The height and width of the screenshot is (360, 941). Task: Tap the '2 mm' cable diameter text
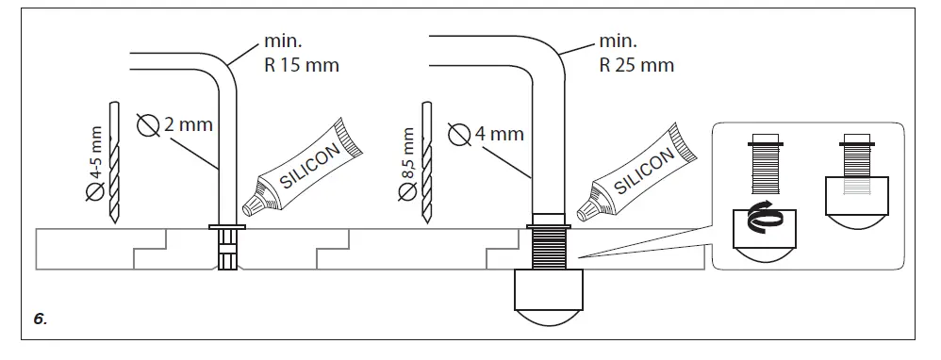188,123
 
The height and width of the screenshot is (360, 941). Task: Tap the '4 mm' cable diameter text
499,133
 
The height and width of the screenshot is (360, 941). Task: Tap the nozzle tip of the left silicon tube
249,209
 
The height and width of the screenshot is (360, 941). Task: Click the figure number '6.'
40,320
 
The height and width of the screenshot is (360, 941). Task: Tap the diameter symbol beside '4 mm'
460,135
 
